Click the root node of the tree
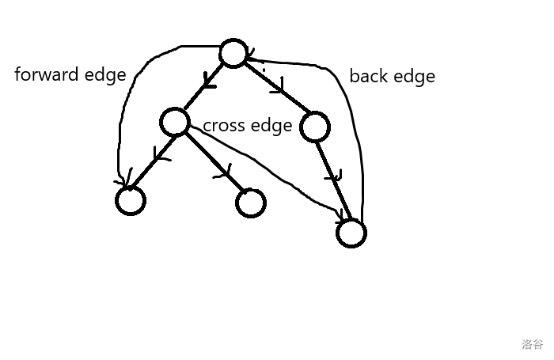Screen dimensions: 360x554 (233, 53)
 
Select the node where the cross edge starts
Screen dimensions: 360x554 (174, 123)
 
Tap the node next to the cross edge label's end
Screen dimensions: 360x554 (314, 127)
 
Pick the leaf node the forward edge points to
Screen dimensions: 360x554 (131, 200)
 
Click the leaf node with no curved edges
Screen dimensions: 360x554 (250, 203)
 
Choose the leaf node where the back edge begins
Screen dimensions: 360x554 (351, 233)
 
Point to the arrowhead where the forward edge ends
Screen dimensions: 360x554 (123, 183)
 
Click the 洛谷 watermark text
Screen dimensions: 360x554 (532, 344)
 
